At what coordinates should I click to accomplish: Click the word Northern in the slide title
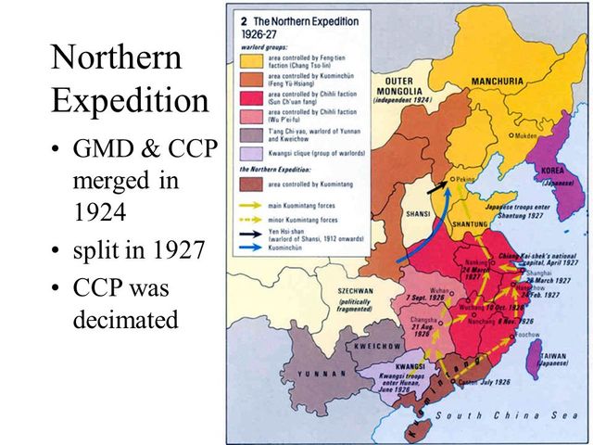pos(117,58)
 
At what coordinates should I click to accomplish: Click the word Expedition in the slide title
pos(130,100)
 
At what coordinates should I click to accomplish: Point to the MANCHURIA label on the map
pos(498,82)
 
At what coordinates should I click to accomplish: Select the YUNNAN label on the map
pos(321,373)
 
